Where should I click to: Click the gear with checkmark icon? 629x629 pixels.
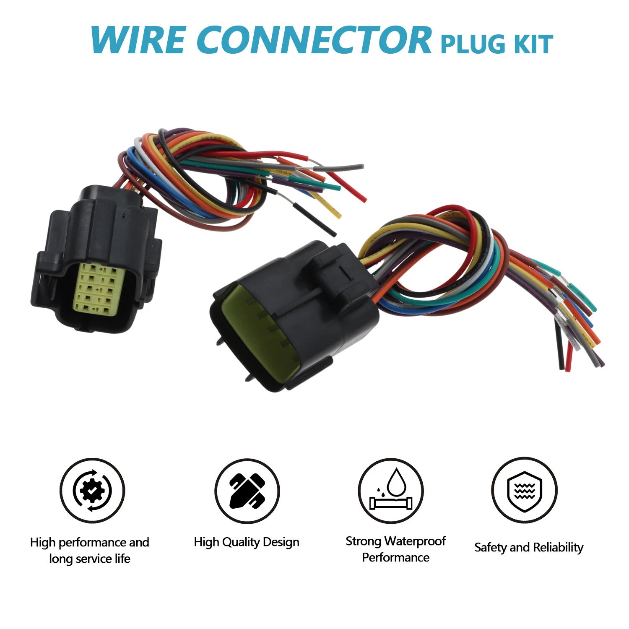[x=92, y=491]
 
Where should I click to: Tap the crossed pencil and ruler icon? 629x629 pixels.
[x=247, y=491]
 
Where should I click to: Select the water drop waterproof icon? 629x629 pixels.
[x=391, y=491]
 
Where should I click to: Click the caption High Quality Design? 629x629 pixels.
[x=247, y=542]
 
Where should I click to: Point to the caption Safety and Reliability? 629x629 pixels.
[x=529, y=547]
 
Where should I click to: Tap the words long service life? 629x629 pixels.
[x=90, y=559]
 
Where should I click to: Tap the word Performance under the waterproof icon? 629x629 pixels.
[x=395, y=557]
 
